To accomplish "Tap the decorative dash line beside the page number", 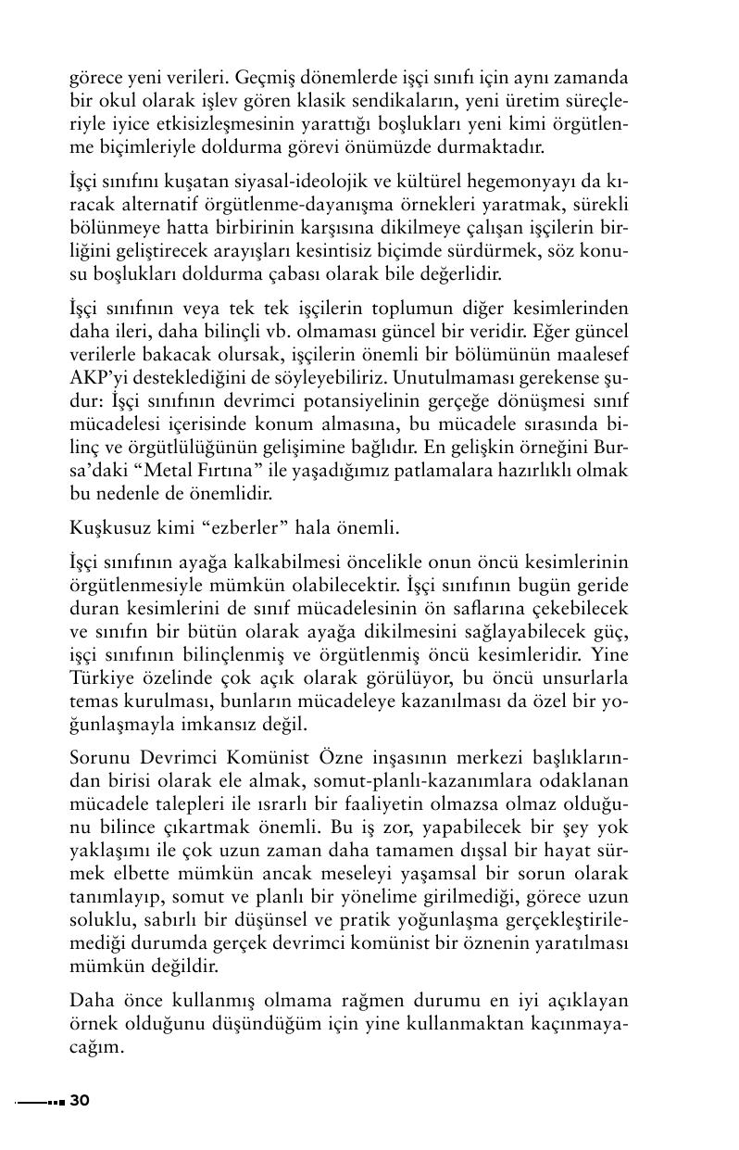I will click(x=40, y=1101).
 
